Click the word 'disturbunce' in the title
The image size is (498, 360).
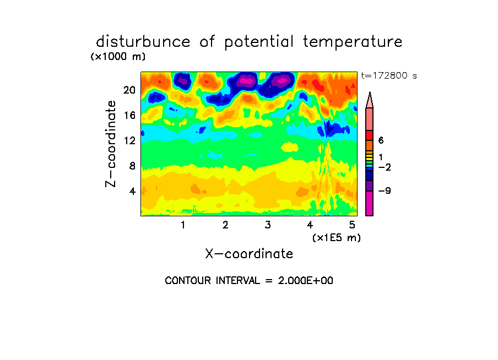143,41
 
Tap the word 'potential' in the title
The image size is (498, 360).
259,42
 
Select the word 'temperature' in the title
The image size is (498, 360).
353,42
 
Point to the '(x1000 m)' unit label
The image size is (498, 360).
118,57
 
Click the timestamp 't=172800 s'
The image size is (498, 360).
389,75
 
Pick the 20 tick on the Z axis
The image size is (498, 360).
129,90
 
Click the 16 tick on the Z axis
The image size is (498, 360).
129,115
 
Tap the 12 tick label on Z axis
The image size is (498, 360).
129,140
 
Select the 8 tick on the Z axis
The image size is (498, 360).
132,166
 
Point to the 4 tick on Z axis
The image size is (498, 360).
132,191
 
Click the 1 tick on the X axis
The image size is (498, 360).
183,225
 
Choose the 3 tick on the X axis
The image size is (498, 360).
268,225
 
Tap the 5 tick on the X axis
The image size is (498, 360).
352,225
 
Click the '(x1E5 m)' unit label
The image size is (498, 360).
337,238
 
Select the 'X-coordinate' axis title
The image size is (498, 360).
249,254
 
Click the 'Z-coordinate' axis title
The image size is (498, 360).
111,144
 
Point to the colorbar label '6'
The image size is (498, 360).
381,140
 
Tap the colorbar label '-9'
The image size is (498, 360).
385,191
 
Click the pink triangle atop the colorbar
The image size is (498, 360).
370,100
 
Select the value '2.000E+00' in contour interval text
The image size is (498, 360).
306,281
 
